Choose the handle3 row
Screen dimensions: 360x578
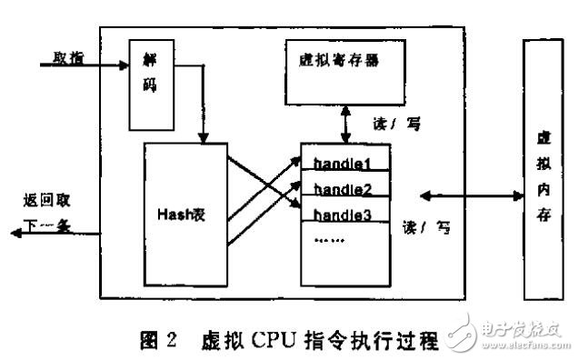345,214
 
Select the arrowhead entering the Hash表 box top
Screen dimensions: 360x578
204,138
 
